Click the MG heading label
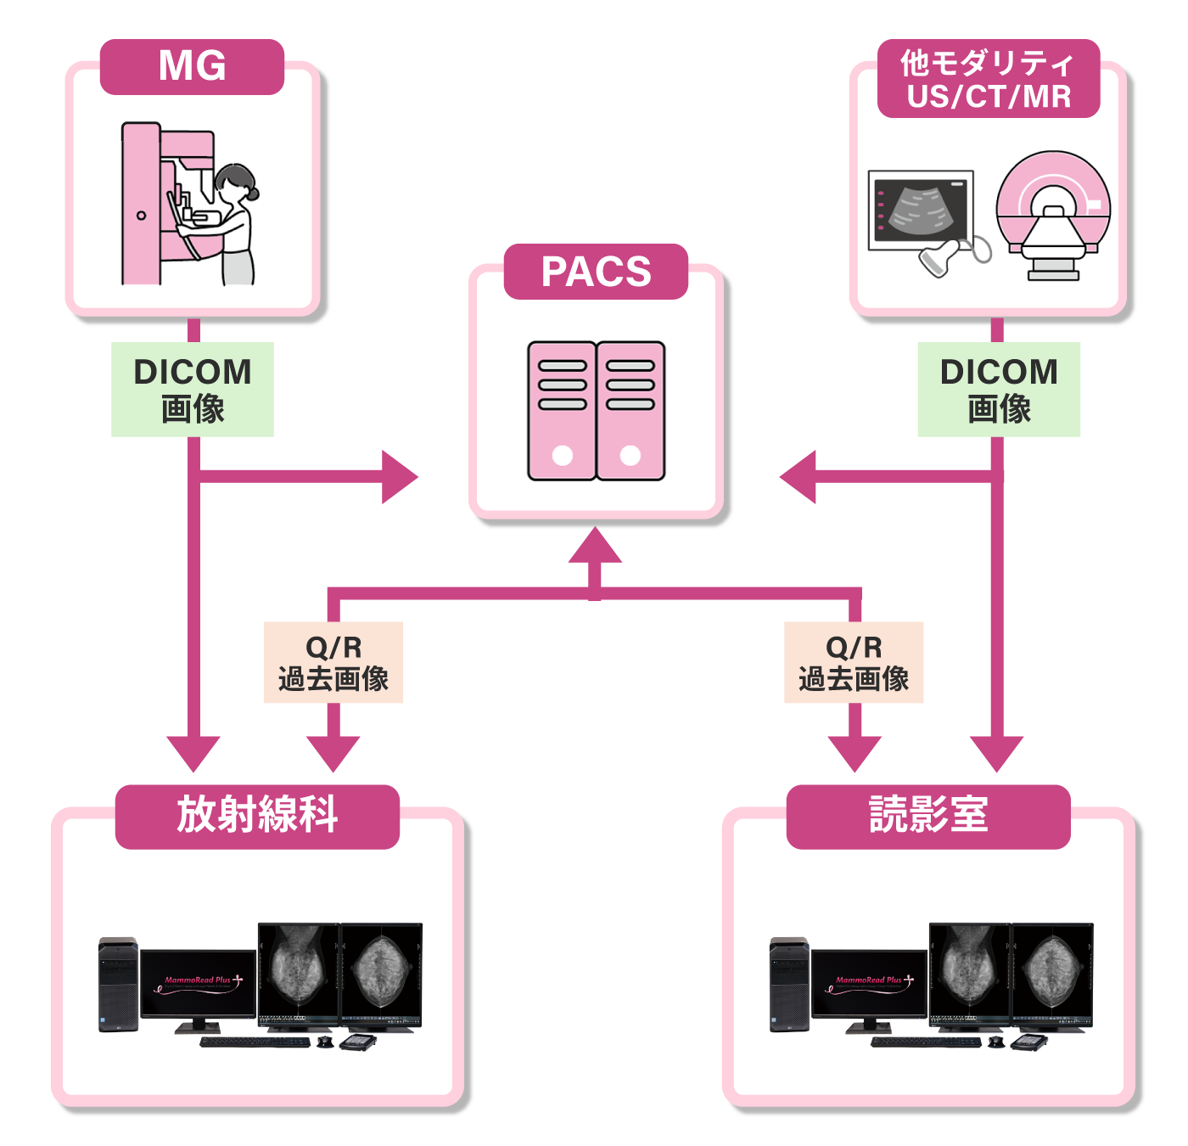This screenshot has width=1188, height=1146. tap(192, 66)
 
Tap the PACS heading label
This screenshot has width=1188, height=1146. tap(596, 272)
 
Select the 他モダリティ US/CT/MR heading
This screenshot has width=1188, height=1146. tap(989, 79)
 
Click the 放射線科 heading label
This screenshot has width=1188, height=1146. tap(257, 816)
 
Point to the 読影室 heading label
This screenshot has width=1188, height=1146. tap(928, 816)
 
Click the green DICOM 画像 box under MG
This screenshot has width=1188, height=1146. tap(193, 390)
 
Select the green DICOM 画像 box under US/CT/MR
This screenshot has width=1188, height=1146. tap(999, 390)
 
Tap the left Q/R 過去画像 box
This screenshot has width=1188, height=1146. tap(333, 663)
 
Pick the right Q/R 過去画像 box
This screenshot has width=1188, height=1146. tap(854, 663)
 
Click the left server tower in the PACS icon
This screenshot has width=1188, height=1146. tap(562, 411)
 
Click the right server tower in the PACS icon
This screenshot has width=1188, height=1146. tap(630, 411)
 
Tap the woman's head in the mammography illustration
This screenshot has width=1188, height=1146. tap(235, 179)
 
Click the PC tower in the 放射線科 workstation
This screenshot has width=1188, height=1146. tap(118, 985)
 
